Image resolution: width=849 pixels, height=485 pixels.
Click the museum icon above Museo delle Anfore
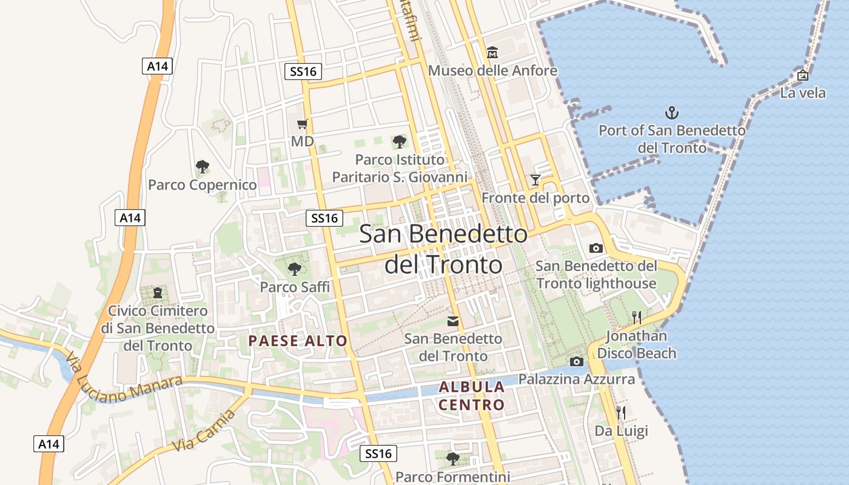click(x=492, y=53)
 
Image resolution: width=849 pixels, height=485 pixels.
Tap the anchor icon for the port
click(x=672, y=112)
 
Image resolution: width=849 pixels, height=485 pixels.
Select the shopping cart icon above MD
click(x=303, y=124)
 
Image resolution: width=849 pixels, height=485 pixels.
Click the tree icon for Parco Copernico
click(x=203, y=167)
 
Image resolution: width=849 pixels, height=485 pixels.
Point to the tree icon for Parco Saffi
click(x=295, y=269)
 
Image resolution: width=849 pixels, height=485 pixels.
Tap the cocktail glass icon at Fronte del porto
click(x=535, y=180)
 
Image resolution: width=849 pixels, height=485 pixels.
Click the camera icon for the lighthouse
click(x=596, y=248)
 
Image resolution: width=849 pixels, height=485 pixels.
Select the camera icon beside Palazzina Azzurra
click(x=577, y=362)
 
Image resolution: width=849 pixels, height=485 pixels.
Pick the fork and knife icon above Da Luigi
click(x=621, y=413)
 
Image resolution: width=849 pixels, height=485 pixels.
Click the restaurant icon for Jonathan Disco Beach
click(x=637, y=318)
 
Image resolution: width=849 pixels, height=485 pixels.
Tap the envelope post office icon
click(x=453, y=321)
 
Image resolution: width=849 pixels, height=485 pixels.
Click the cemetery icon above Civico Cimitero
click(x=158, y=293)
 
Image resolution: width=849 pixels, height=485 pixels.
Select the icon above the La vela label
click(x=803, y=75)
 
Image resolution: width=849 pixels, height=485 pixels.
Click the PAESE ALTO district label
click(x=298, y=341)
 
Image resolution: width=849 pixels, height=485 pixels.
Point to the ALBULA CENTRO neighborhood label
click(x=472, y=396)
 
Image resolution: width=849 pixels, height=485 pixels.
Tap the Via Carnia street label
click(x=204, y=430)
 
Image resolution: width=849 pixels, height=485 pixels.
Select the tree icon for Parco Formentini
click(x=452, y=458)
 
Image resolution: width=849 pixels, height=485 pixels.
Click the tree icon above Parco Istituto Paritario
click(x=399, y=142)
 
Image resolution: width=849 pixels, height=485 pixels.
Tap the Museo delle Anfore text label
click(x=492, y=71)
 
